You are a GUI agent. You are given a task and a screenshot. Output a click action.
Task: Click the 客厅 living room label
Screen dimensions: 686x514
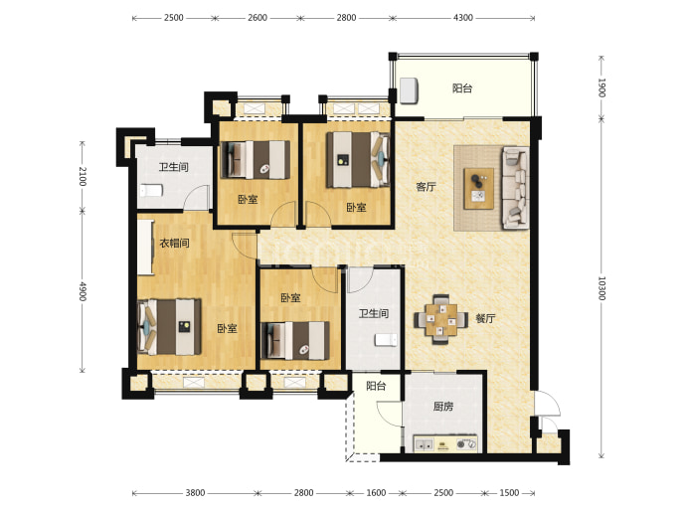(x=426, y=187)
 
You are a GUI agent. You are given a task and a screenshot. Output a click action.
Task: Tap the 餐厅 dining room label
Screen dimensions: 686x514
(x=485, y=318)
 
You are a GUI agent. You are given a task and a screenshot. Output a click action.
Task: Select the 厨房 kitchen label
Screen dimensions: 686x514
(x=443, y=407)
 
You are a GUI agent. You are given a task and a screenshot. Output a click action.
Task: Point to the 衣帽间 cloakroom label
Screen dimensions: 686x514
(x=174, y=243)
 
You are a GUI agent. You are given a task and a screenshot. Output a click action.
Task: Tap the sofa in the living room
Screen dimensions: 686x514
(x=515, y=188)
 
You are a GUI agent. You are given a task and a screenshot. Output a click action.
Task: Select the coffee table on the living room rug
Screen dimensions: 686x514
(x=478, y=189)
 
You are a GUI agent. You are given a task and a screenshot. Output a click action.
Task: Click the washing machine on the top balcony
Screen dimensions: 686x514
(x=409, y=91)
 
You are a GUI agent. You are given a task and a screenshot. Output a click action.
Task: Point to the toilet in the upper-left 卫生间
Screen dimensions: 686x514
(x=151, y=191)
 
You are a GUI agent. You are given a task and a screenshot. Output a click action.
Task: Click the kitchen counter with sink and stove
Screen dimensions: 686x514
(x=445, y=444)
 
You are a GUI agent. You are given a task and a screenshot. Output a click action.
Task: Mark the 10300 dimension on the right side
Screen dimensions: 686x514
(x=601, y=288)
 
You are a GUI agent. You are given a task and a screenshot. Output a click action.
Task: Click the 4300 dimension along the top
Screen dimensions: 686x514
(x=463, y=18)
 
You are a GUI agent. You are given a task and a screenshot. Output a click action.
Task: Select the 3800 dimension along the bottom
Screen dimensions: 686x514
(x=195, y=493)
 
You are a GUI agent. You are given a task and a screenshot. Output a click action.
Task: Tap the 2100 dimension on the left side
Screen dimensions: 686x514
(x=83, y=176)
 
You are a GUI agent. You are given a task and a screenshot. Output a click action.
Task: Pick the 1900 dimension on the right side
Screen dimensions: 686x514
(x=601, y=87)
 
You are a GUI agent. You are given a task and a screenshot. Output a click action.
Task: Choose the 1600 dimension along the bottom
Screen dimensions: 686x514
(x=376, y=493)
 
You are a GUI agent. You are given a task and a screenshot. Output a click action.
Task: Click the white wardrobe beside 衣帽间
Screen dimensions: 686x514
(x=146, y=248)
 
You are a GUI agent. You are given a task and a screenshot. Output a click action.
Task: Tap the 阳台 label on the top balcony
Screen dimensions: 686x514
(x=462, y=88)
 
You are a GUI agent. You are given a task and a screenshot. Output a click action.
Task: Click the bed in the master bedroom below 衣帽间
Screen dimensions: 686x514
(x=169, y=327)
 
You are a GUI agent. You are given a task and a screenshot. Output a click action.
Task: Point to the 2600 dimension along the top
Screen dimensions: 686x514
(x=257, y=18)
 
